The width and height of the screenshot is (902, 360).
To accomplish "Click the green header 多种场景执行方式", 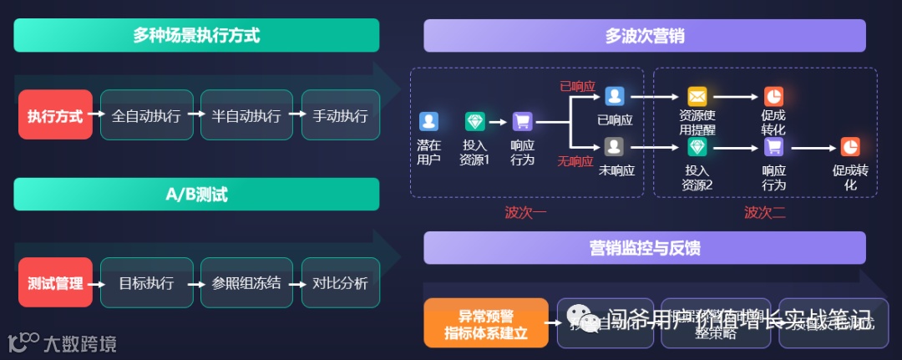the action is [196, 36].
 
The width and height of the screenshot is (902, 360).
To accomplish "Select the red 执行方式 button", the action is [55, 115].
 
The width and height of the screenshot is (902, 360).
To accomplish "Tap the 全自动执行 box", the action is [146, 115].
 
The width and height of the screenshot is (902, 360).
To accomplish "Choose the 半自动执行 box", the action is [246, 115].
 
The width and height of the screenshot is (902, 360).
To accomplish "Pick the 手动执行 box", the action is [340, 115].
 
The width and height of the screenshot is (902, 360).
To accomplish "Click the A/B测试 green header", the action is [196, 195].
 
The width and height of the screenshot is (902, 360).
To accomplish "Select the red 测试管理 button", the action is [55, 283].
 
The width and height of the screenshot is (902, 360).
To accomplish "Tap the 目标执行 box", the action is [146, 283].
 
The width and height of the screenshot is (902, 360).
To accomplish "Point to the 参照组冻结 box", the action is [246, 283].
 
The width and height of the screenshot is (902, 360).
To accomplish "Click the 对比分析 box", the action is [340, 283].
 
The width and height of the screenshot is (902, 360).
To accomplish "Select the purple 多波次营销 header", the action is [644, 36].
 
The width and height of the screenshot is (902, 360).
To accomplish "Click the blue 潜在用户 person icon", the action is [428, 121].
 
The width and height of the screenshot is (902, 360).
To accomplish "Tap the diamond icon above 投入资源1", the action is [475, 121].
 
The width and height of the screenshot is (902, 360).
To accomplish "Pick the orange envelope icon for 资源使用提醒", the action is [697, 96].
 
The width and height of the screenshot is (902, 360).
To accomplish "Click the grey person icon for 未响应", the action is [615, 147].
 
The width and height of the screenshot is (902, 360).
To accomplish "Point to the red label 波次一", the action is [525, 212].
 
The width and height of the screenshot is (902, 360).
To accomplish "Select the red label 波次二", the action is [764, 212].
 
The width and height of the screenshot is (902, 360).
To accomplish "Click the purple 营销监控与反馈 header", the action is [644, 248].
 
